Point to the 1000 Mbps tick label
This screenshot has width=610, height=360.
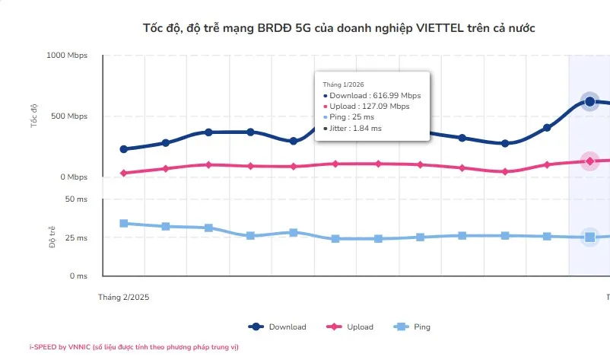pos(67,56)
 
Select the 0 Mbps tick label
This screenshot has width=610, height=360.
pos(74,177)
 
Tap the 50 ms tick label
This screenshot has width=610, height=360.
pos(76,199)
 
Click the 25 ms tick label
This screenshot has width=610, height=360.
pos(76,238)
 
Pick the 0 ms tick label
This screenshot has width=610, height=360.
pos(78,276)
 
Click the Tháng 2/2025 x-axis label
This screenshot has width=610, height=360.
pos(124,298)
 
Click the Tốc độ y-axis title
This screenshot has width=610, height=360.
pos(34,116)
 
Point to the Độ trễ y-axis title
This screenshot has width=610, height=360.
pos(52,237)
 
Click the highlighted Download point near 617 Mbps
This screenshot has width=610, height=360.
pos(589,101)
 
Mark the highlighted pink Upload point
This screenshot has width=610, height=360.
pos(589,161)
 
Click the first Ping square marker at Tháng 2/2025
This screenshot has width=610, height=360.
pos(124,223)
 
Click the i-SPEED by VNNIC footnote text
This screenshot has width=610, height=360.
pos(134,347)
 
